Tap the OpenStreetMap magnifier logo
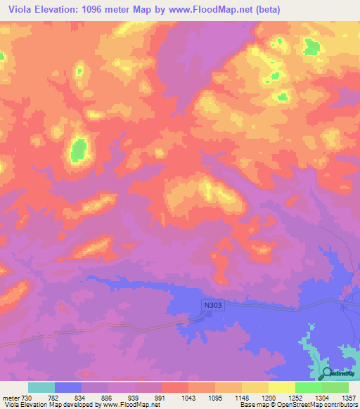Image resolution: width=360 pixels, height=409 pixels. tap(328, 373)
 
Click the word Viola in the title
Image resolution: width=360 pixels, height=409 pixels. tap(20, 10)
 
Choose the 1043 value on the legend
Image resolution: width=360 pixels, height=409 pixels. tap(189, 398)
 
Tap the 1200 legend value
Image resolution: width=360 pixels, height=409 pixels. tap(268, 398)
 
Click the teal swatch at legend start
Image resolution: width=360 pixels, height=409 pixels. tap(41, 387)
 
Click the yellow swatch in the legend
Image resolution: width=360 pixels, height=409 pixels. tap(281, 387)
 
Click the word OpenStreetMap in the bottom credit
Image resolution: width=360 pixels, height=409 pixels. tap(308, 405)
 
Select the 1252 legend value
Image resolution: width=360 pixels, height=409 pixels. tap(295, 398)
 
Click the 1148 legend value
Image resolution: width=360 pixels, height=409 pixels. tap(242, 398)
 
